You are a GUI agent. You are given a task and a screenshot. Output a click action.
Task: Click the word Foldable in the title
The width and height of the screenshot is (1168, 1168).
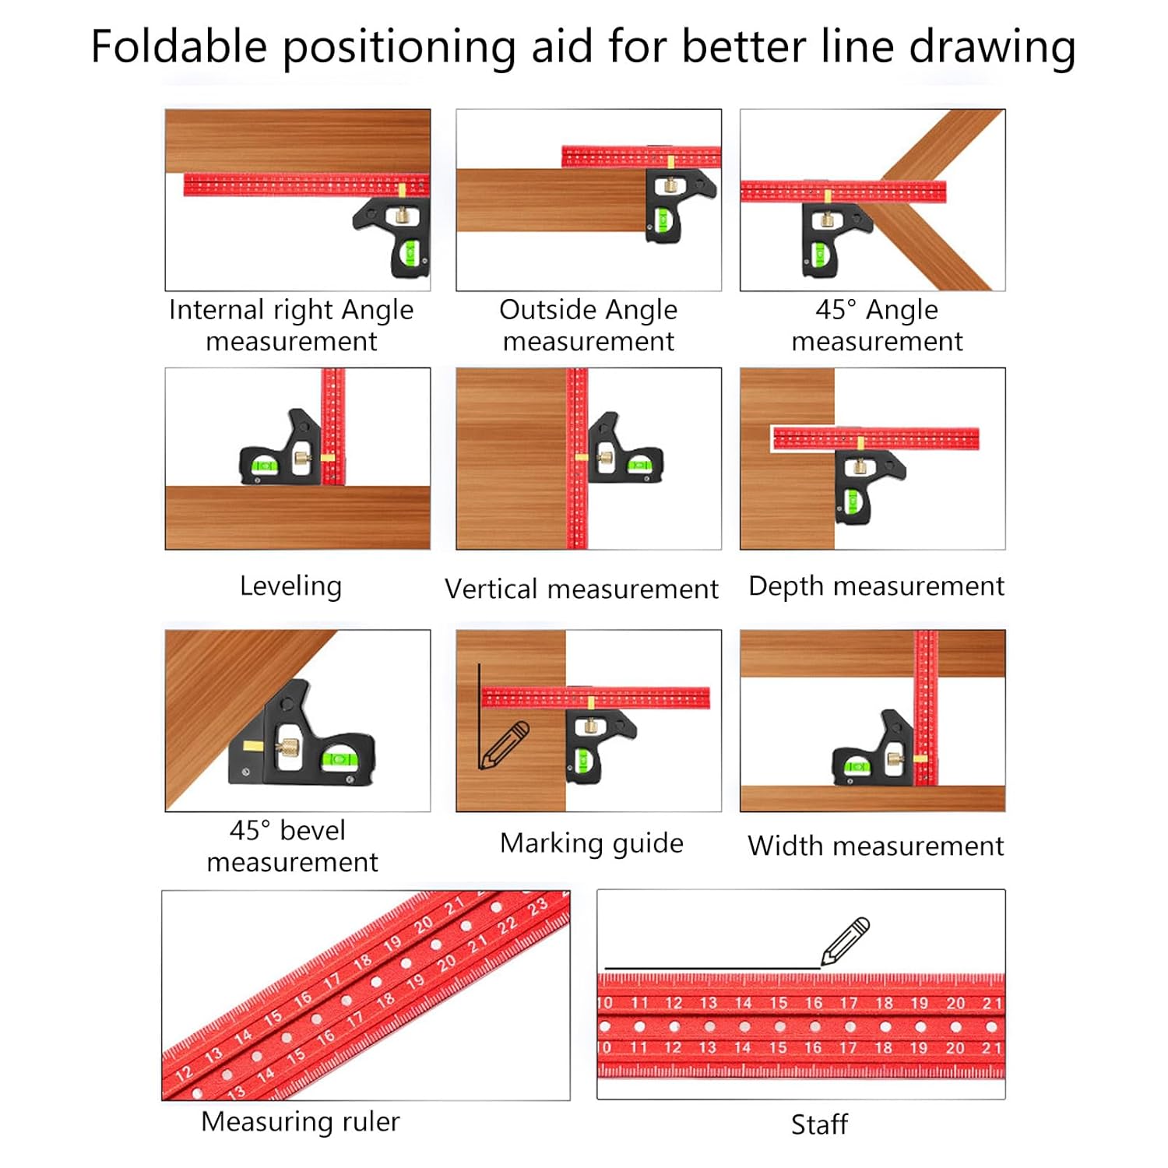point(178,47)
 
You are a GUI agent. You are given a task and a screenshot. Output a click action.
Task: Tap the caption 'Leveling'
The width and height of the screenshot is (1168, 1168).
point(290,586)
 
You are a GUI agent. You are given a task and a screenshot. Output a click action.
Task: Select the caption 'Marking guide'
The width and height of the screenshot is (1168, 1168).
point(591,843)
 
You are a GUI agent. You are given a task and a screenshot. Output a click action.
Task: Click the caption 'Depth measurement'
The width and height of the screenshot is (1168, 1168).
point(875,586)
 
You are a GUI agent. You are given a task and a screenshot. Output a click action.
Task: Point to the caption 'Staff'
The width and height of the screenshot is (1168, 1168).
point(818,1124)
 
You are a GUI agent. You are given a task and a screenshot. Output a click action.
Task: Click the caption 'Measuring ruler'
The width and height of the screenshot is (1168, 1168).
point(300,1121)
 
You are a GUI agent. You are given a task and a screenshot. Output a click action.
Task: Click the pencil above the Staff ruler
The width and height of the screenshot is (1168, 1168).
point(846,940)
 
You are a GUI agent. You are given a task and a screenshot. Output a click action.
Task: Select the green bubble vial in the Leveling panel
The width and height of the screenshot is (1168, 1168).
point(264,466)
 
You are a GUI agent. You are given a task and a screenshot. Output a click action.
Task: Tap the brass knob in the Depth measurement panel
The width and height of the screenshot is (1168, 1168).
point(859,467)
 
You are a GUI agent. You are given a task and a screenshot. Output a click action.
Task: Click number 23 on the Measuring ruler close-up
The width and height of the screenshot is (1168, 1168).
point(537,907)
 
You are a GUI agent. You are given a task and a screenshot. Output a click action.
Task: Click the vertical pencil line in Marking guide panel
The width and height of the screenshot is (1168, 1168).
point(479,716)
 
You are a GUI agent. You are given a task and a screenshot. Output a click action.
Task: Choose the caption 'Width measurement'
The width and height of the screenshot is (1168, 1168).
point(875,846)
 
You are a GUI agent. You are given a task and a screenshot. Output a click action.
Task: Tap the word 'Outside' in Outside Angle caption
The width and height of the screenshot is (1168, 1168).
point(543,310)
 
